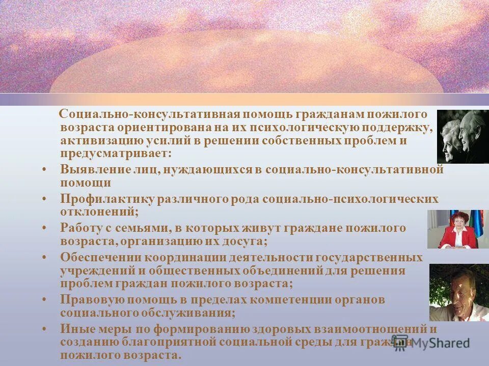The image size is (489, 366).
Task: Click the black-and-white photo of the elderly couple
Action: coord(462,136)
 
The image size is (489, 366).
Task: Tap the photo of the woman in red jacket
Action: coord(457,229)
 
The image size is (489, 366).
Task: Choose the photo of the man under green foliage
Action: coord(458,292)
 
